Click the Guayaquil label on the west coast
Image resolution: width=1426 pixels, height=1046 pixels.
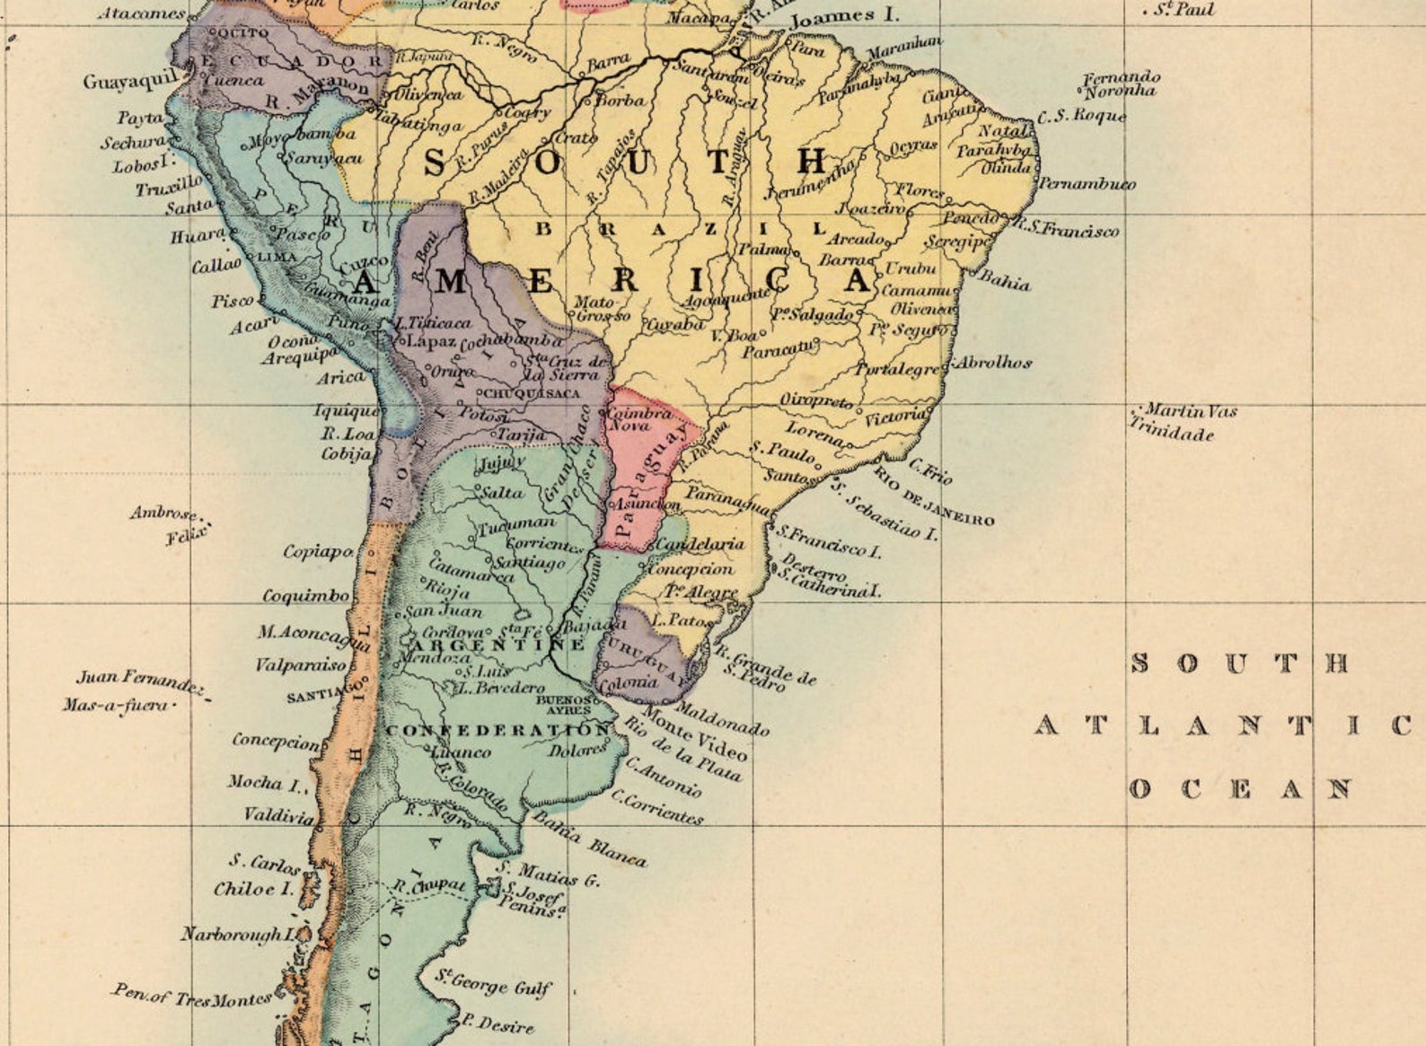131,81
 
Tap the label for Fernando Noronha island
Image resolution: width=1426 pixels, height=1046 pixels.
1120,84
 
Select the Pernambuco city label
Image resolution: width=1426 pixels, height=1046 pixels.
1087,184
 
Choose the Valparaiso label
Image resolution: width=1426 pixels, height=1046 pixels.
300,665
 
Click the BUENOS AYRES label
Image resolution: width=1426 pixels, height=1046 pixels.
565,704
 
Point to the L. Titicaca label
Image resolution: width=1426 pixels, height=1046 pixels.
433,321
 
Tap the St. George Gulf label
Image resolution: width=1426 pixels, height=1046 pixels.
493,982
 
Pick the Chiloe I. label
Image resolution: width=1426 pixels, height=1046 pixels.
253,889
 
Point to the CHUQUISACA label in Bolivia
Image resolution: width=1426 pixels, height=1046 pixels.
532,393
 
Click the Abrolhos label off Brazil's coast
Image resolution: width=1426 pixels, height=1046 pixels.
992,363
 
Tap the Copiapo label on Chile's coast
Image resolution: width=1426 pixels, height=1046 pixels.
318,551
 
